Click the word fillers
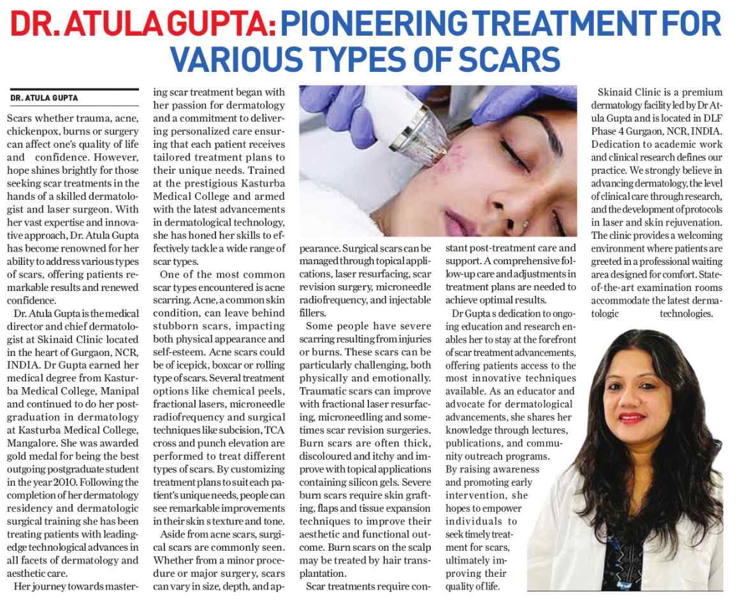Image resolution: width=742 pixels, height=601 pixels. (313, 313)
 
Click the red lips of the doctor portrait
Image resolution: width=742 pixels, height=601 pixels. (632, 418)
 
